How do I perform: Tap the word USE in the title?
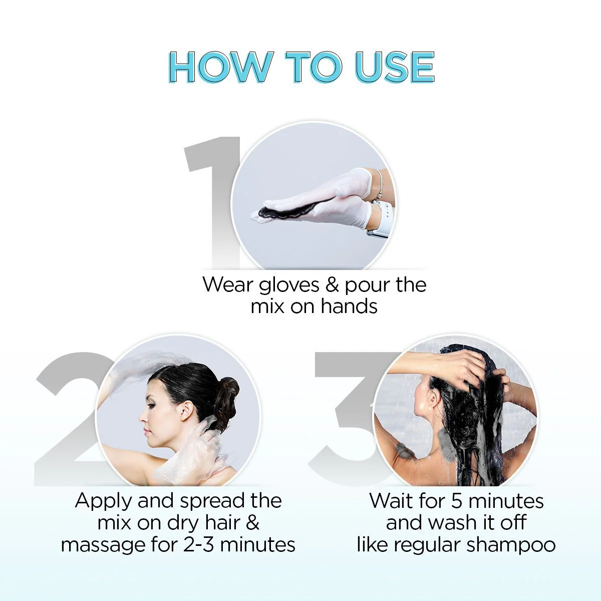click(x=394, y=67)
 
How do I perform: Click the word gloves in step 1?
click(x=289, y=285)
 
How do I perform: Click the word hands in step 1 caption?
click(x=349, y=307)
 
